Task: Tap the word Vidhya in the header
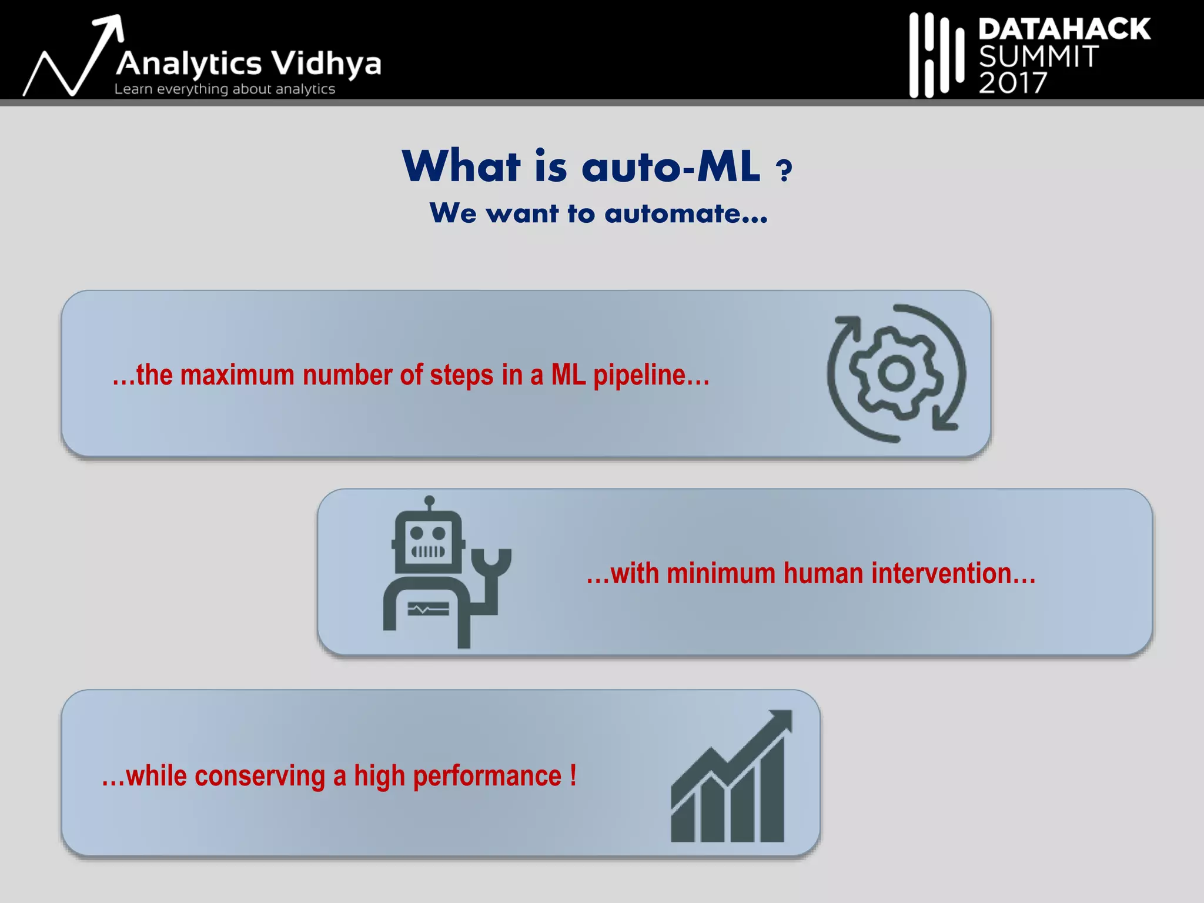point(327,63)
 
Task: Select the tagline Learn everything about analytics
point(225,89)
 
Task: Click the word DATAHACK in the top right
point(1064,29)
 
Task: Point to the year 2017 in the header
point(1012,83)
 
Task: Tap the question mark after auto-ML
point(784,171)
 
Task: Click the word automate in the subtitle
point(685,213)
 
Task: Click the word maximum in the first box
point(237,376)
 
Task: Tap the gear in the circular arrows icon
point(896,373)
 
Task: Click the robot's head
point(428,541)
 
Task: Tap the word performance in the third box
point(487,777)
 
